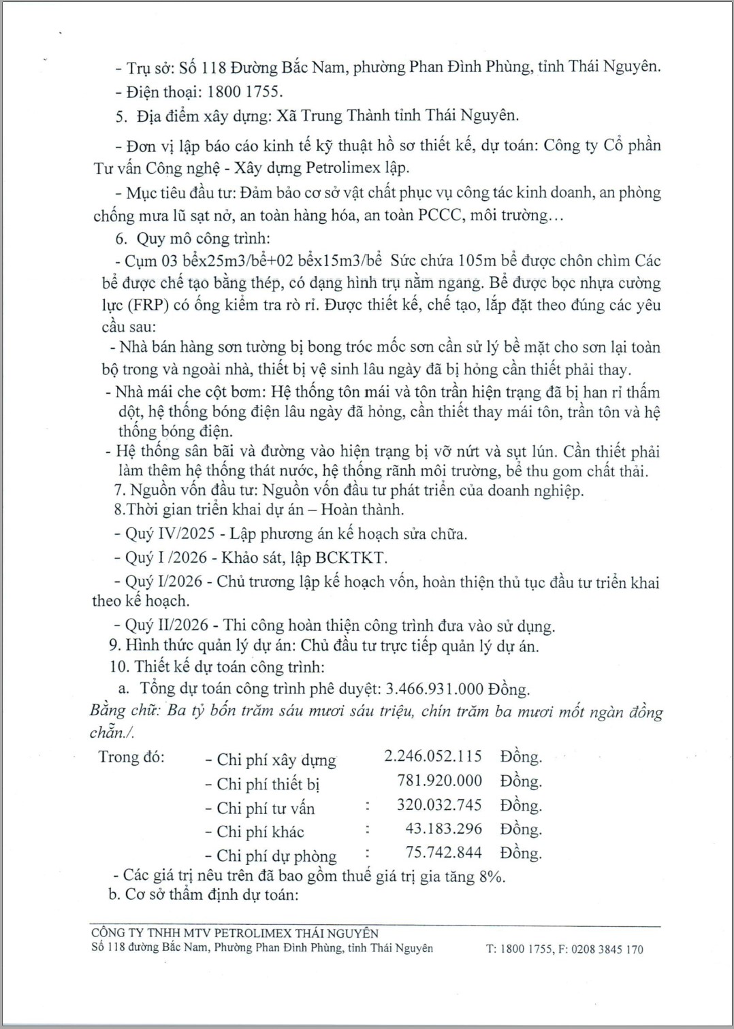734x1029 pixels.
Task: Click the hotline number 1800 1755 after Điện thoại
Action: (244, 91)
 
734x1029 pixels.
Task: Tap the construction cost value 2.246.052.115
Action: (433, 756)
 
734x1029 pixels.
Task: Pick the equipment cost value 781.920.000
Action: (439, 781)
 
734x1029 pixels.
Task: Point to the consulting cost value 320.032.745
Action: (439, 805)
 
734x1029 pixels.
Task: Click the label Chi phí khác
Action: (260, 832)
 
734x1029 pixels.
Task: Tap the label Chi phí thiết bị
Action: (268, 784)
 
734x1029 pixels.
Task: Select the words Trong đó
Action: (131, 757)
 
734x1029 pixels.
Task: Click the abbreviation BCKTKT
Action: (351, 558)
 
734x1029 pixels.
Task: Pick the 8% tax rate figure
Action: (491, 876)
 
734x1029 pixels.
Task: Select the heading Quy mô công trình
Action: (203, 238)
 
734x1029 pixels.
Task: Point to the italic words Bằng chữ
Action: (125, 710)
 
